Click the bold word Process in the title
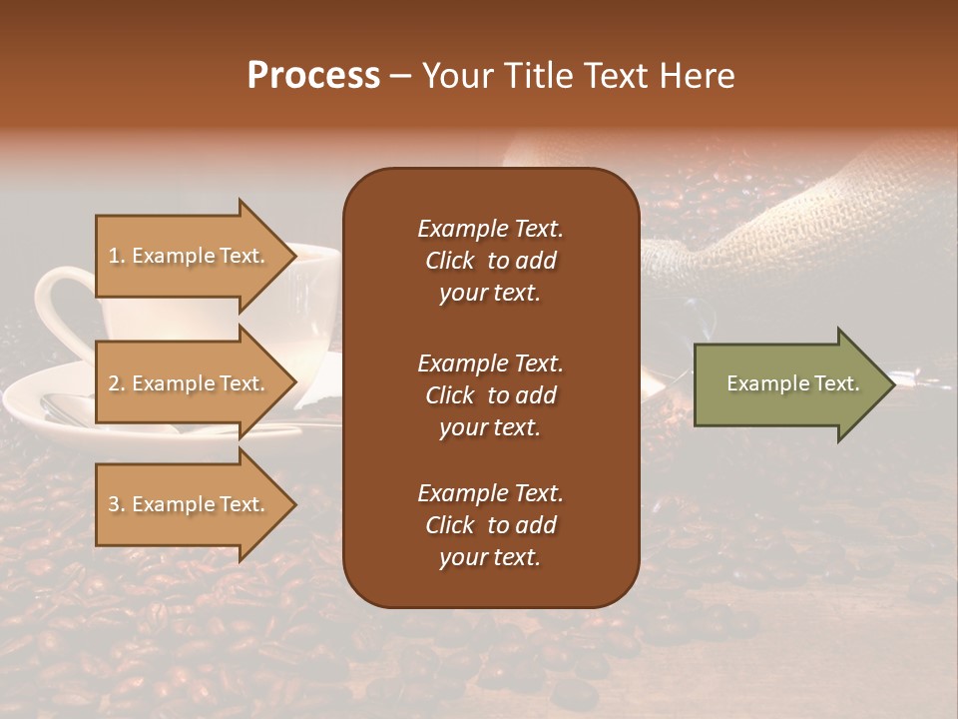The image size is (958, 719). tap(313, 76)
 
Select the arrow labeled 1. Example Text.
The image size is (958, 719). tap(190, 256)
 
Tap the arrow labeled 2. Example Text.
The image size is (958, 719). tap(190, 383)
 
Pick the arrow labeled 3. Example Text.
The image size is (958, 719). tap(190, 504)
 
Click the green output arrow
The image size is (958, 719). tap(788, 383)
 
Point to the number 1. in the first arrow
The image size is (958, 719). tap(116, 256)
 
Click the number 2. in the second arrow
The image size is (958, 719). tap(116, 383)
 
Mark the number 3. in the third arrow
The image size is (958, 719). tap(116, 504)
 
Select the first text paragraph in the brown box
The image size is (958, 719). tap(490, 261)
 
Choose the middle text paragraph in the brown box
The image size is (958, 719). tap(490, 395)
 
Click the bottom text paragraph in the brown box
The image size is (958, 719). tap(490, 525)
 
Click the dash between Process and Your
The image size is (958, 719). tap(401, 77)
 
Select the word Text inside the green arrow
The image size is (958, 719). tap(836, 383)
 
